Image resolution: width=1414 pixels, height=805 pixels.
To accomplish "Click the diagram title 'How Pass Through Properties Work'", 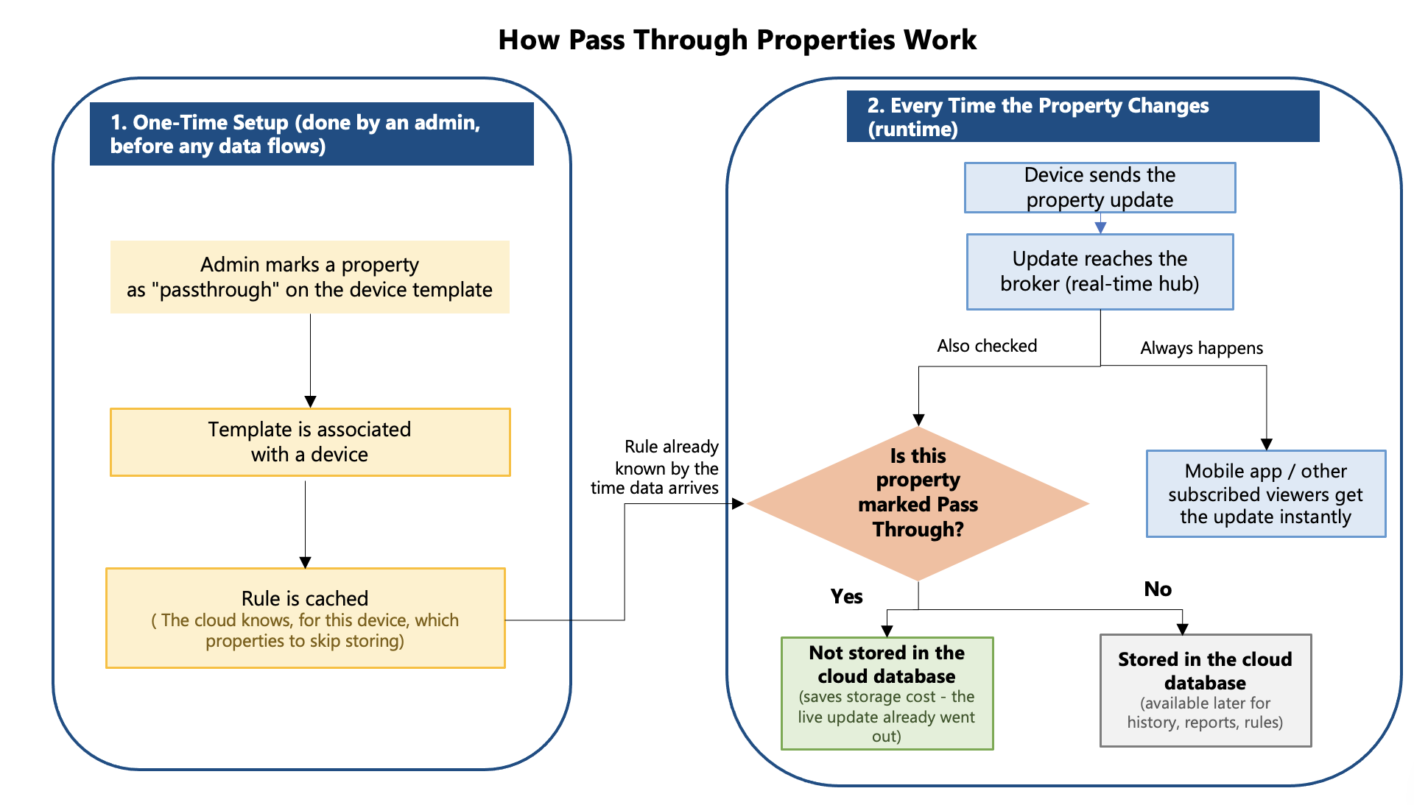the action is tap(737, 40).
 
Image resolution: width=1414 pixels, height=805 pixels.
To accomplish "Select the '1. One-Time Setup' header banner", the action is tap(312, 134).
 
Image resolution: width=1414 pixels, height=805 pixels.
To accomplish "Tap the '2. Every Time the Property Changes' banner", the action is tap(1083, 116).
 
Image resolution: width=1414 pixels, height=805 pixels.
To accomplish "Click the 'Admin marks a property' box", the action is tap(310, 277).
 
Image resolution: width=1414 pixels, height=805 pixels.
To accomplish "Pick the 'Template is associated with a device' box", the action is tap(310, 442).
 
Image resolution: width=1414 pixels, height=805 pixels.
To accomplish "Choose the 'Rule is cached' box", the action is tap(306, 618).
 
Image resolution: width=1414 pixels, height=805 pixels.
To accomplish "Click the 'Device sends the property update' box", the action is tap(1100, 188).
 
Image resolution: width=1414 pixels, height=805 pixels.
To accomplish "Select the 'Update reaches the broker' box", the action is tap(1100, 272).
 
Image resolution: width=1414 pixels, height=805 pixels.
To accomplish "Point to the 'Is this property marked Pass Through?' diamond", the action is tap(918, 504).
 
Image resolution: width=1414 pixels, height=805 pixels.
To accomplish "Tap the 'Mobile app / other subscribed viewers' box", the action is tap(1266, 494).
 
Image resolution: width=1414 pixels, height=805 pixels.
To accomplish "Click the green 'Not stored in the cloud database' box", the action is tap(887, 693).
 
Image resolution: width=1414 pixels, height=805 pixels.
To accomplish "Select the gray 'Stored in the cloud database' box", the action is tap(1206, 690).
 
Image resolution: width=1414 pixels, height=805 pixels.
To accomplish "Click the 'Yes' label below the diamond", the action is tap(847, 596).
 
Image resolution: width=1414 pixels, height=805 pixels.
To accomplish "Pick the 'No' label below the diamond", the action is tap(1158, 589).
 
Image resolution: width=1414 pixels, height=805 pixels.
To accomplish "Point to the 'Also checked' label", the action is tap(987, 346).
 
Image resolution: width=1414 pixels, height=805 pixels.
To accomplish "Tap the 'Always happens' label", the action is tap(1202, 348).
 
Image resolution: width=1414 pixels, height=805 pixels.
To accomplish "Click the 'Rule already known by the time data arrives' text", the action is tap(655, 467).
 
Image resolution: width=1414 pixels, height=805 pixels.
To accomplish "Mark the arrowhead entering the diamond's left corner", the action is tap(738, 504).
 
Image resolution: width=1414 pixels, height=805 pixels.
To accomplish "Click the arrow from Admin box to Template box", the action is tap(310, 361).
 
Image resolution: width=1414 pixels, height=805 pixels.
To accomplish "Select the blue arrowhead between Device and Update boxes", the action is tap(1100, 228).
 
